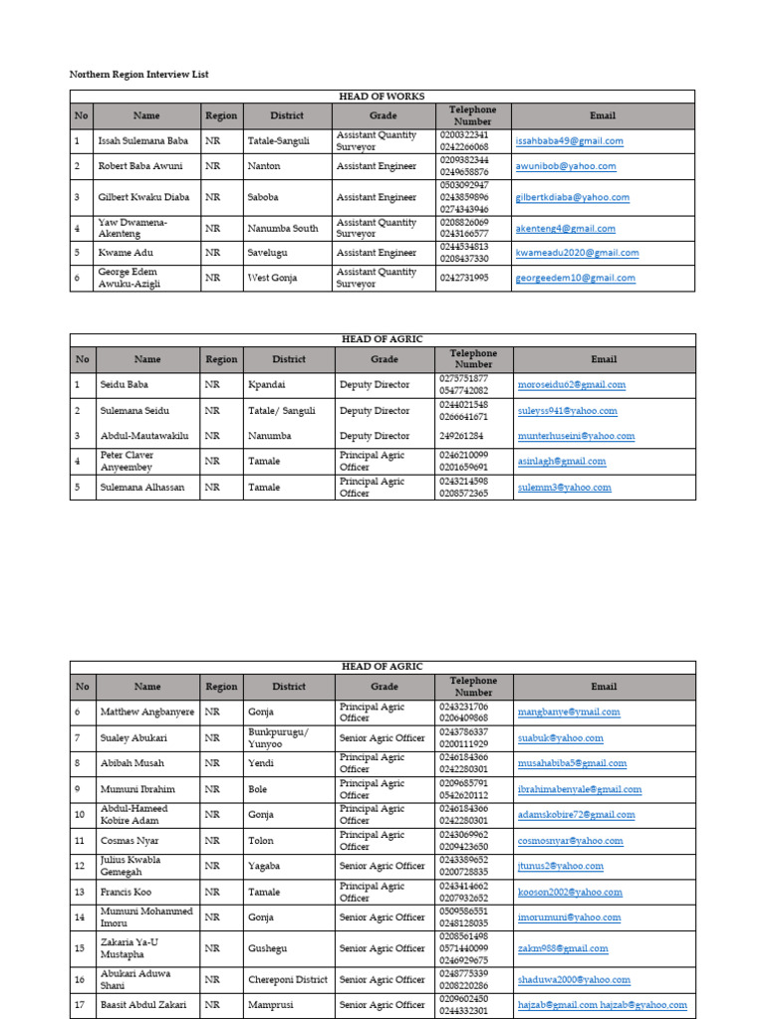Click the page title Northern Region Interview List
point(138,75)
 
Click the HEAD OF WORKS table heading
point(382,97)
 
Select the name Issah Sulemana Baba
point(142,141)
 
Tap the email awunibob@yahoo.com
point(566,167)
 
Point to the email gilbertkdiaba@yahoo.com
point(580,198)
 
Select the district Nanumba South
point(283,228)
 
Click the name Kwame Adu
point(125,253)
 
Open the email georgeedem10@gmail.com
point(575,279)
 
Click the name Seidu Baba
point(125,385)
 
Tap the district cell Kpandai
point(268,385)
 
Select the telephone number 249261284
point(461,436)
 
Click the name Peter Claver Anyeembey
point(127,461)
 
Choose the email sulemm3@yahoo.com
point(564,488)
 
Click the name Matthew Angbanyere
point(145,713)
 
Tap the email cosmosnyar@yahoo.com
point(570,841)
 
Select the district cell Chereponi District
point(289,980)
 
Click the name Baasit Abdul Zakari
point(145,1005)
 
